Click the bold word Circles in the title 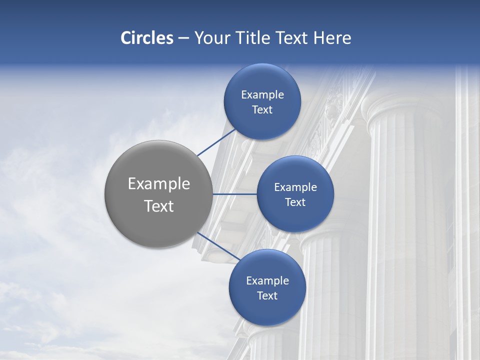[x=147, y=38]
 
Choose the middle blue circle [x=295, y=217]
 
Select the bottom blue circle [x=267, y=310]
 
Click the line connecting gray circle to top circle [x=217, y=142]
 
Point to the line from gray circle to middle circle [x=235, y=194]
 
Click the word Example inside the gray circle [x=159, y=184]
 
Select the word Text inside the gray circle [x=159, y=206]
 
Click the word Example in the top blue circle [x=262, y=95]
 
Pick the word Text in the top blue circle [x=262, y=110]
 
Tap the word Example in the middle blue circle [x=295, y=187]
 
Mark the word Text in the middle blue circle [x=295, y=202]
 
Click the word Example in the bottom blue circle [x=267, y=281]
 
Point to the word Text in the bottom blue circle [x=267, y=296]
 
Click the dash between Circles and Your [x=183, y=38]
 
